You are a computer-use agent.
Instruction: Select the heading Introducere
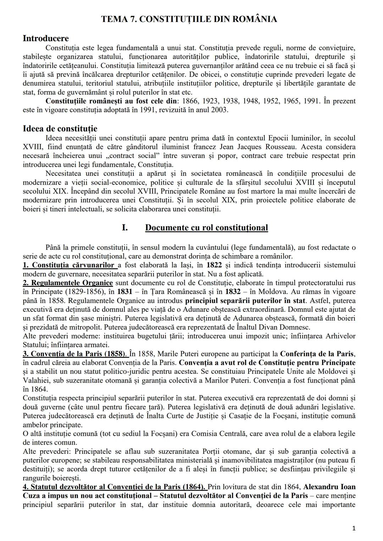click(46, 38)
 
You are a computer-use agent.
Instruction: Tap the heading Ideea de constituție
click(60, 129)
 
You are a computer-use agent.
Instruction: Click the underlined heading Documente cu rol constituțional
click(206, 227)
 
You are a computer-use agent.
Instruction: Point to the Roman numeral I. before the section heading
click(124, 227)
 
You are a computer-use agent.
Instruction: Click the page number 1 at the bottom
click(354, 528)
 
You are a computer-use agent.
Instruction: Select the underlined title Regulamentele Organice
click(72, 283)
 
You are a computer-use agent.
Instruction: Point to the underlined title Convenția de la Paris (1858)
click(78, 354)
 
